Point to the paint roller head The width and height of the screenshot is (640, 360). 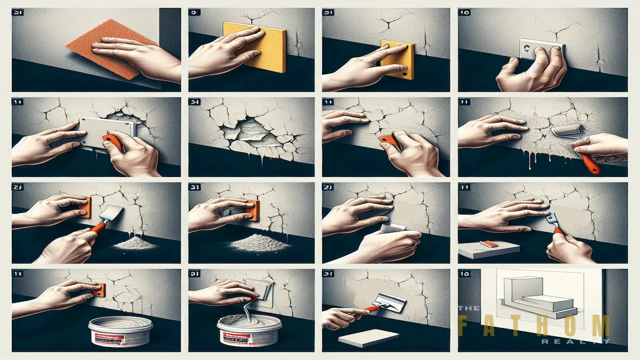pyautogui.click(x=562, y=132)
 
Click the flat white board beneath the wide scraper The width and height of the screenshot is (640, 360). pyautogui.click(x=369, y=338)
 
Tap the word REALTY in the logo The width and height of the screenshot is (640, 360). pyautogui.click(x=575, y=341)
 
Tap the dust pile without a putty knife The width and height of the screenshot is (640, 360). pyautogui.click(x=259, y=243)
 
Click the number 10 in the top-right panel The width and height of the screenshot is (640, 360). pyautogui.click(x=464, y=13)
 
